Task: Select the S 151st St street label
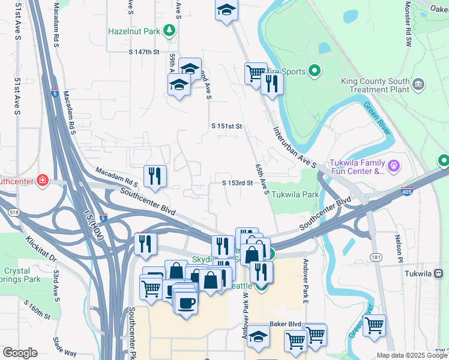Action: [x=226, y=127]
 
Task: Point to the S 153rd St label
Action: [x=237, y=183]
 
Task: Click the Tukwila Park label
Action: [x=295, y=195]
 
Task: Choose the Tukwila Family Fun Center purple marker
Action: [x=393, y=164]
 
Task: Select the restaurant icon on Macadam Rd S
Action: [x=155, y=176]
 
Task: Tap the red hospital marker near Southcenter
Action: [x=43, y=180]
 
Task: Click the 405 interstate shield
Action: [x=407, y=192]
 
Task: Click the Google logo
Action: [x=20, y=353]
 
